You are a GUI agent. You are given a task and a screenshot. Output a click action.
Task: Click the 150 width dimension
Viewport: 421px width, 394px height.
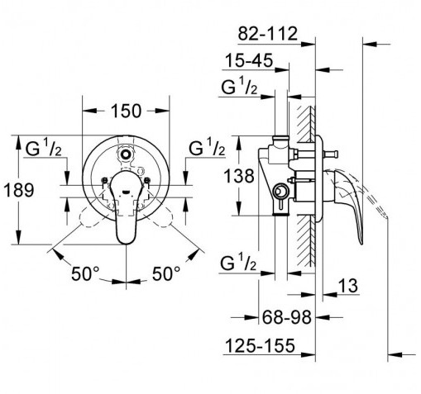tap(126, 111)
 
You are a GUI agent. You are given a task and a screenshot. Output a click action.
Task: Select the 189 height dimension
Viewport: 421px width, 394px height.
tap(19, 190)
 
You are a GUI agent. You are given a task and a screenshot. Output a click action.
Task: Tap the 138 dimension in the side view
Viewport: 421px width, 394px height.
tap(239, 176)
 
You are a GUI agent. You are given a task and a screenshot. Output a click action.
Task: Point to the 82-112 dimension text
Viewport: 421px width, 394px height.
tap(268, 34)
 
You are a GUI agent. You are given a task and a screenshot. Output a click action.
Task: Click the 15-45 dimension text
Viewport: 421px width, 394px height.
tap(249, 60)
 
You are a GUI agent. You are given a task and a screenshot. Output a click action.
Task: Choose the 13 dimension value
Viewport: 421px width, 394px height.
tap(347, 286)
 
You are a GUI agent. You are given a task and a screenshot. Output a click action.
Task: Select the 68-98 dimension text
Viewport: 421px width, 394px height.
tap(286, 317)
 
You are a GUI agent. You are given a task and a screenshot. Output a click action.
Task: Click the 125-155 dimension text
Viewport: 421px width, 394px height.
tap(260, 345)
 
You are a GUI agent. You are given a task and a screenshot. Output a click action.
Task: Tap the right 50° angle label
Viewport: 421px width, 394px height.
tap(166, 273)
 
